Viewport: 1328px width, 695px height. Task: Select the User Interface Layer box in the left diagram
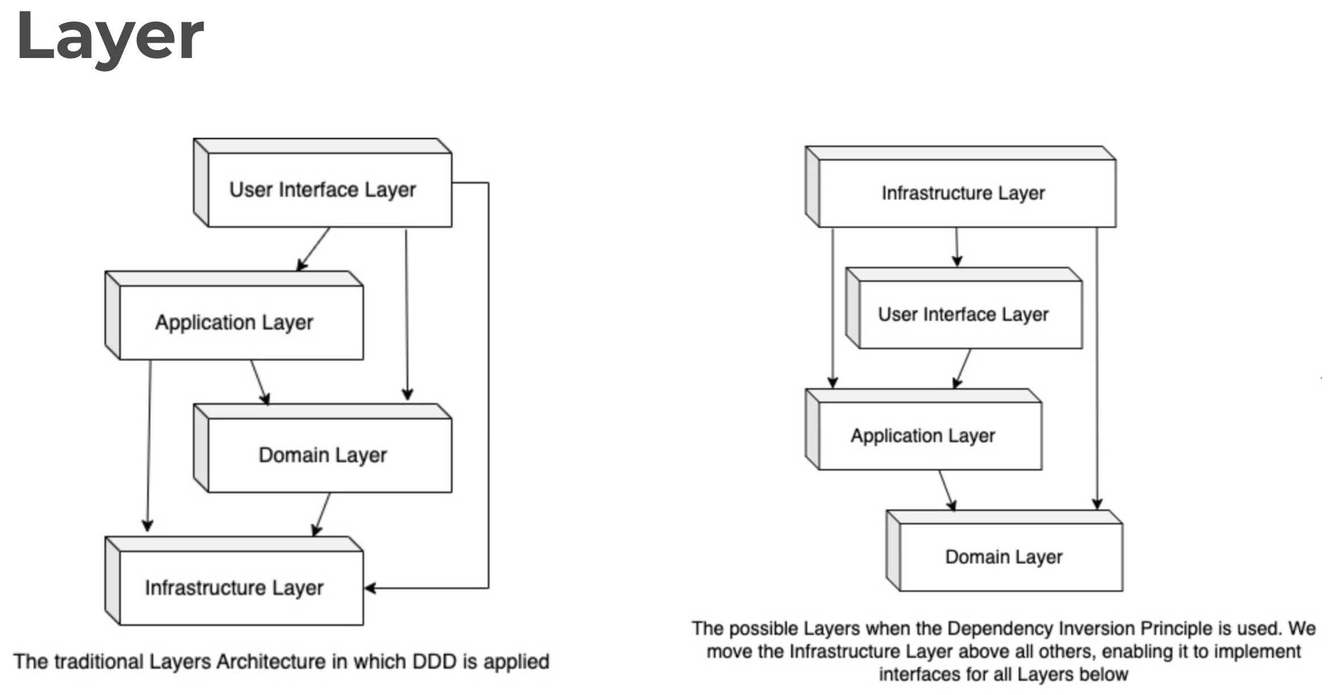pyautogui.click(x=323, y=183)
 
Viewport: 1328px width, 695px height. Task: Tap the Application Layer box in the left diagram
pyautogui.click(x=234, y=315)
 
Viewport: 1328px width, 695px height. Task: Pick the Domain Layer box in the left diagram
pyautogui.click(x=323, y=448)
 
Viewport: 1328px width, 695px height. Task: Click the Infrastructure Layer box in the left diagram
pyautogui.click(x=234, y=581)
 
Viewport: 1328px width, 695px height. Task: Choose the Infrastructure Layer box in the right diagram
pyautogui.click(x=960, y=187)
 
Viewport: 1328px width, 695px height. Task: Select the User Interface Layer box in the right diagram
pyautogui.click(x=964, y=308)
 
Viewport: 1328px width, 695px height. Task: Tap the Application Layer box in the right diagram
pyautogui.click(x=923, y=429)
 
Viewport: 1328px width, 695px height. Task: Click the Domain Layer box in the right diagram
pyautogui.click(x=1004, y=551)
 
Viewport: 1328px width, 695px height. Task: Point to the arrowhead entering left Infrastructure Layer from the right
pyautogui.click(x=370, y=588)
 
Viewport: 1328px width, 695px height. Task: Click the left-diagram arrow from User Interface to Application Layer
pyautogui.click(x=313, y=249)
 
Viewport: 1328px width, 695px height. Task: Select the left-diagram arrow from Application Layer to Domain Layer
pyautogui.click(x=260, y=382)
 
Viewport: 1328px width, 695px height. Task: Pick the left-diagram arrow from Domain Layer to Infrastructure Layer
pyautogui.click(x=321, y=515)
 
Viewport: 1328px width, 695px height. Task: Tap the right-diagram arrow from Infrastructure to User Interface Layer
pyautogui.click(x=957, y=247)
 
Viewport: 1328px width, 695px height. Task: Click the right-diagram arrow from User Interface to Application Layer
pyautogui.click(x=962, y=369)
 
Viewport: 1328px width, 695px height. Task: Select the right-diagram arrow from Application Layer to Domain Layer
pyautogui.click(x=947, y=490)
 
